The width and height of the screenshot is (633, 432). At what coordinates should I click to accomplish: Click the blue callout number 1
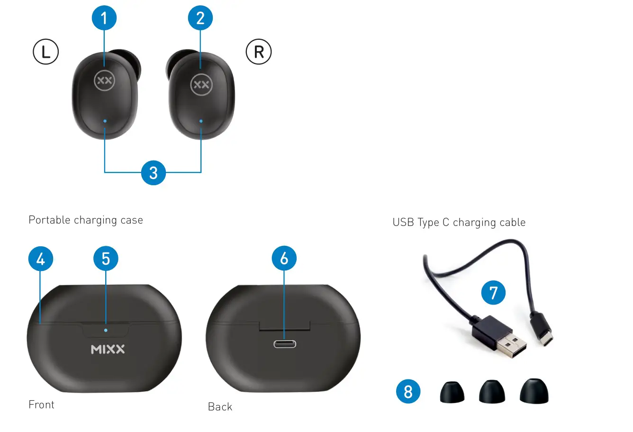[x=104, y=18]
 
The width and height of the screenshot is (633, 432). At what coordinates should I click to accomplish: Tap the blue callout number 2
[x=200, y=18]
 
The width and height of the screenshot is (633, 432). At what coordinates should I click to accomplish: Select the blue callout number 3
[x=153, y=172]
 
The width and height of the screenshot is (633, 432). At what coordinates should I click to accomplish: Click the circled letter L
[x=45, y=52]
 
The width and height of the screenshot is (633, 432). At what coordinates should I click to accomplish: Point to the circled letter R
[x=259, y=52]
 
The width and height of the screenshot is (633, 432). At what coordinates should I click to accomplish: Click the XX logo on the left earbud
[x=104, y=81]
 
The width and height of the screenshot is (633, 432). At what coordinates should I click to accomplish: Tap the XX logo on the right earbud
[x=201, y=85]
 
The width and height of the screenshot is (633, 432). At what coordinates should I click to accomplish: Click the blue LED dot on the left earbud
[x=105, y=121]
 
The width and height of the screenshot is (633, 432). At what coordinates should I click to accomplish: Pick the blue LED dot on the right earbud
[x=201, y=121]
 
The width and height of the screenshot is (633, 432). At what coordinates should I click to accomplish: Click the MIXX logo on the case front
[x=108, y=350]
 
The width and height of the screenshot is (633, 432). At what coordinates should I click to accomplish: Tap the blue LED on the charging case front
[x=106, y=330]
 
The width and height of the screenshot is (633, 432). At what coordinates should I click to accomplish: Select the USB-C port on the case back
[x=284, y=343]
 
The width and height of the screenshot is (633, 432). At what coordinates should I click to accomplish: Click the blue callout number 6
[x=284, y=258]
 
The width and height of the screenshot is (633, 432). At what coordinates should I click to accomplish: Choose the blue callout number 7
[x=493, y=293]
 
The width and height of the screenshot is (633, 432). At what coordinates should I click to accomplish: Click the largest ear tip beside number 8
[x=534, y=391]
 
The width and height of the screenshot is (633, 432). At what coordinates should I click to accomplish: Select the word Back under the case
[x=220, y=407]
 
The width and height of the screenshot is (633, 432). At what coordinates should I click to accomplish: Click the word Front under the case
[x=42, y=405]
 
